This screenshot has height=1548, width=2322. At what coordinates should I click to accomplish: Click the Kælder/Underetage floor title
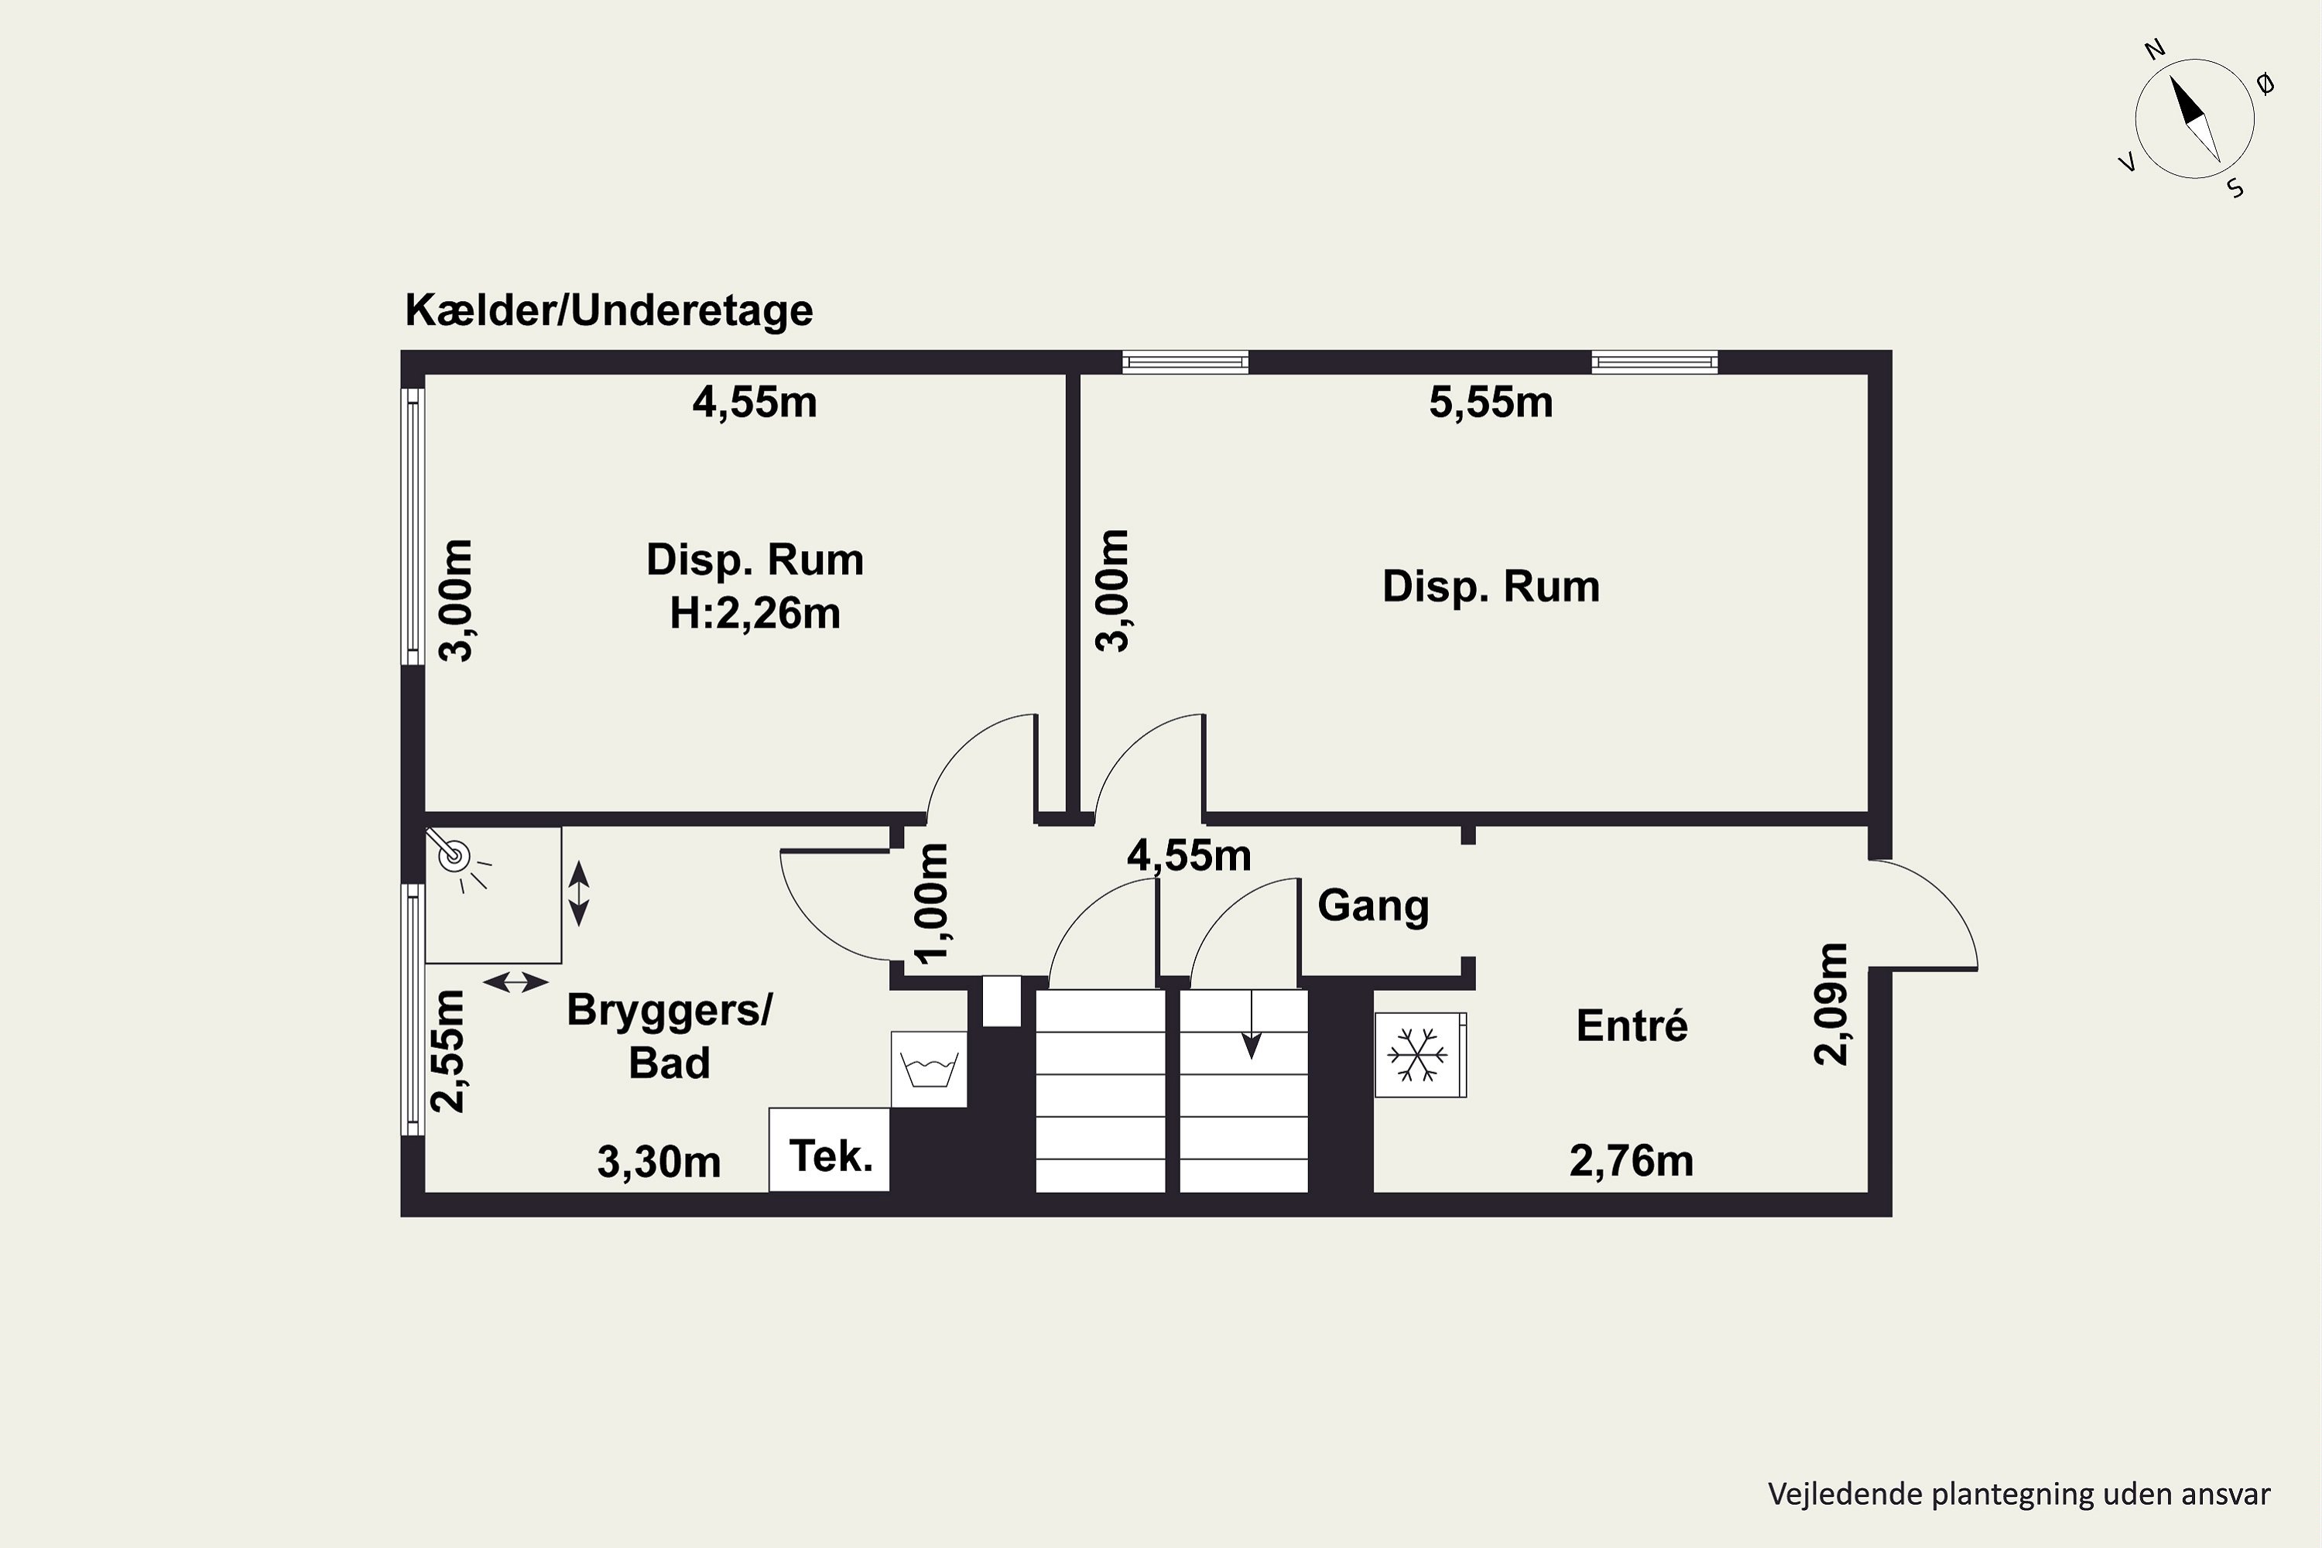click(x=608, y=311)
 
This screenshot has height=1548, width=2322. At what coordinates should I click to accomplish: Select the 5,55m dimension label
click(x=1491, y=402)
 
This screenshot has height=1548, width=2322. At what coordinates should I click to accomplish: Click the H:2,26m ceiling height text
click(x=755, y=614)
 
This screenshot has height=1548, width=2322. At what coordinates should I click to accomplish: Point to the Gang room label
click(x=1373, y=906)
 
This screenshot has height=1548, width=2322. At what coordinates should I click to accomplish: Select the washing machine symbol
click(x=928, y=1069)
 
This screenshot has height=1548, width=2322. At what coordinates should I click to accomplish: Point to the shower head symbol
click(x=453, y=855)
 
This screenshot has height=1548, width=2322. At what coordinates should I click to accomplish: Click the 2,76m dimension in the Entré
click(x=1631, y=1161)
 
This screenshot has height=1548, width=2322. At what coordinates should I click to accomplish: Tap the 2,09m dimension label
click(x=1831, y=1004)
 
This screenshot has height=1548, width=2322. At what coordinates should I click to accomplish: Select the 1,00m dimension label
click(x=932, y=903)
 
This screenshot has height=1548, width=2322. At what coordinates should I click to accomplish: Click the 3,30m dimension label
click(x=659, y=1162)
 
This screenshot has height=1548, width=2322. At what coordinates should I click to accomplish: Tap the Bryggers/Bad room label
click(x=670, y=1036)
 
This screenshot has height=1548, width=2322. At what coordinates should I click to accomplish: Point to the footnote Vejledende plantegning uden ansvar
click(x=2019, y=1494)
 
